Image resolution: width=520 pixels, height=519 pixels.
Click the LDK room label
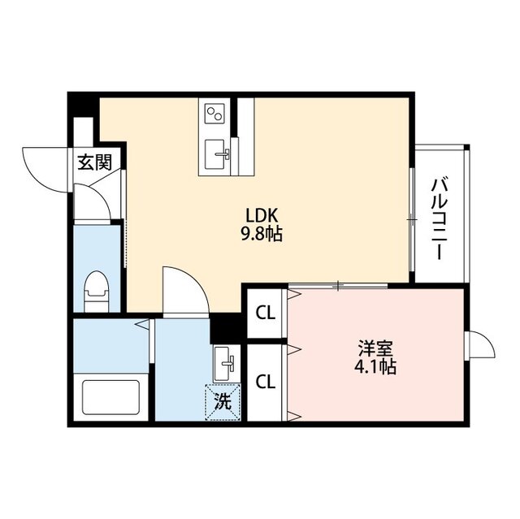tap(263, 216)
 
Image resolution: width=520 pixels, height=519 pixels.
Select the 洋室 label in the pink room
tap(375, 349)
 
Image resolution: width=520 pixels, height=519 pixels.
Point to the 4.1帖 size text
tap(375, 367)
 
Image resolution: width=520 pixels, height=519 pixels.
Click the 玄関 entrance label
tap(94, 162)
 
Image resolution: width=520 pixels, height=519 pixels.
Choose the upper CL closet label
tap(265, 312)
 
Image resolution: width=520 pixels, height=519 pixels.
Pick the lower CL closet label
tap(265, 381)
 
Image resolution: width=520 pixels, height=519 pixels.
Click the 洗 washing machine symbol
tap(223, 400)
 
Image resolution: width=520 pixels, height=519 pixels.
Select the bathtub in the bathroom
tap(111, 396)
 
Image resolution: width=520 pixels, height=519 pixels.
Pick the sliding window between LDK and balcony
tap(413, 218)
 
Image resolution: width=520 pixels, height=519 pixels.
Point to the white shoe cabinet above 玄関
tap(84, 133)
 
